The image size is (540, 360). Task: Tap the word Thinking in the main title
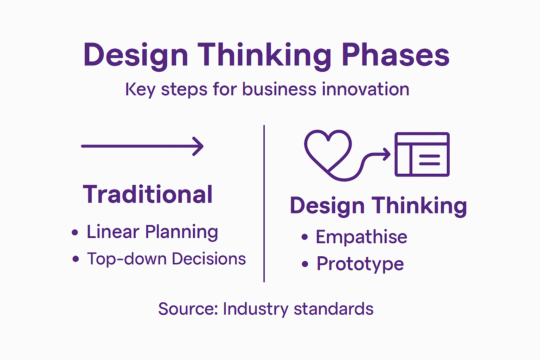pos(264,55)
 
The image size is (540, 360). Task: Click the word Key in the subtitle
pos(140,89)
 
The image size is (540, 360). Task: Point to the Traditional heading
pos(148,194)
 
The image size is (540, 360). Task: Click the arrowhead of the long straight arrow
pos(199,146)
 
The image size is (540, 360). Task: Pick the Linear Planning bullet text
pos(152,232)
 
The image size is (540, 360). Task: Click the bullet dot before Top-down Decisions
pos(76,259)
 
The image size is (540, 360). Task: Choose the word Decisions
pos(209,259)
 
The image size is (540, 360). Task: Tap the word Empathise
pos(361,237)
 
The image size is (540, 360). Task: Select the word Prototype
pos(360,264)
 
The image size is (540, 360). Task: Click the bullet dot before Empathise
pos(304,237)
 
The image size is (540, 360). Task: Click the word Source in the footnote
pos(188,309)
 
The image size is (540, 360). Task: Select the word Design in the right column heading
pos(327,206)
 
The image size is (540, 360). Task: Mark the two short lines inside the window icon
pos(429,160)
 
